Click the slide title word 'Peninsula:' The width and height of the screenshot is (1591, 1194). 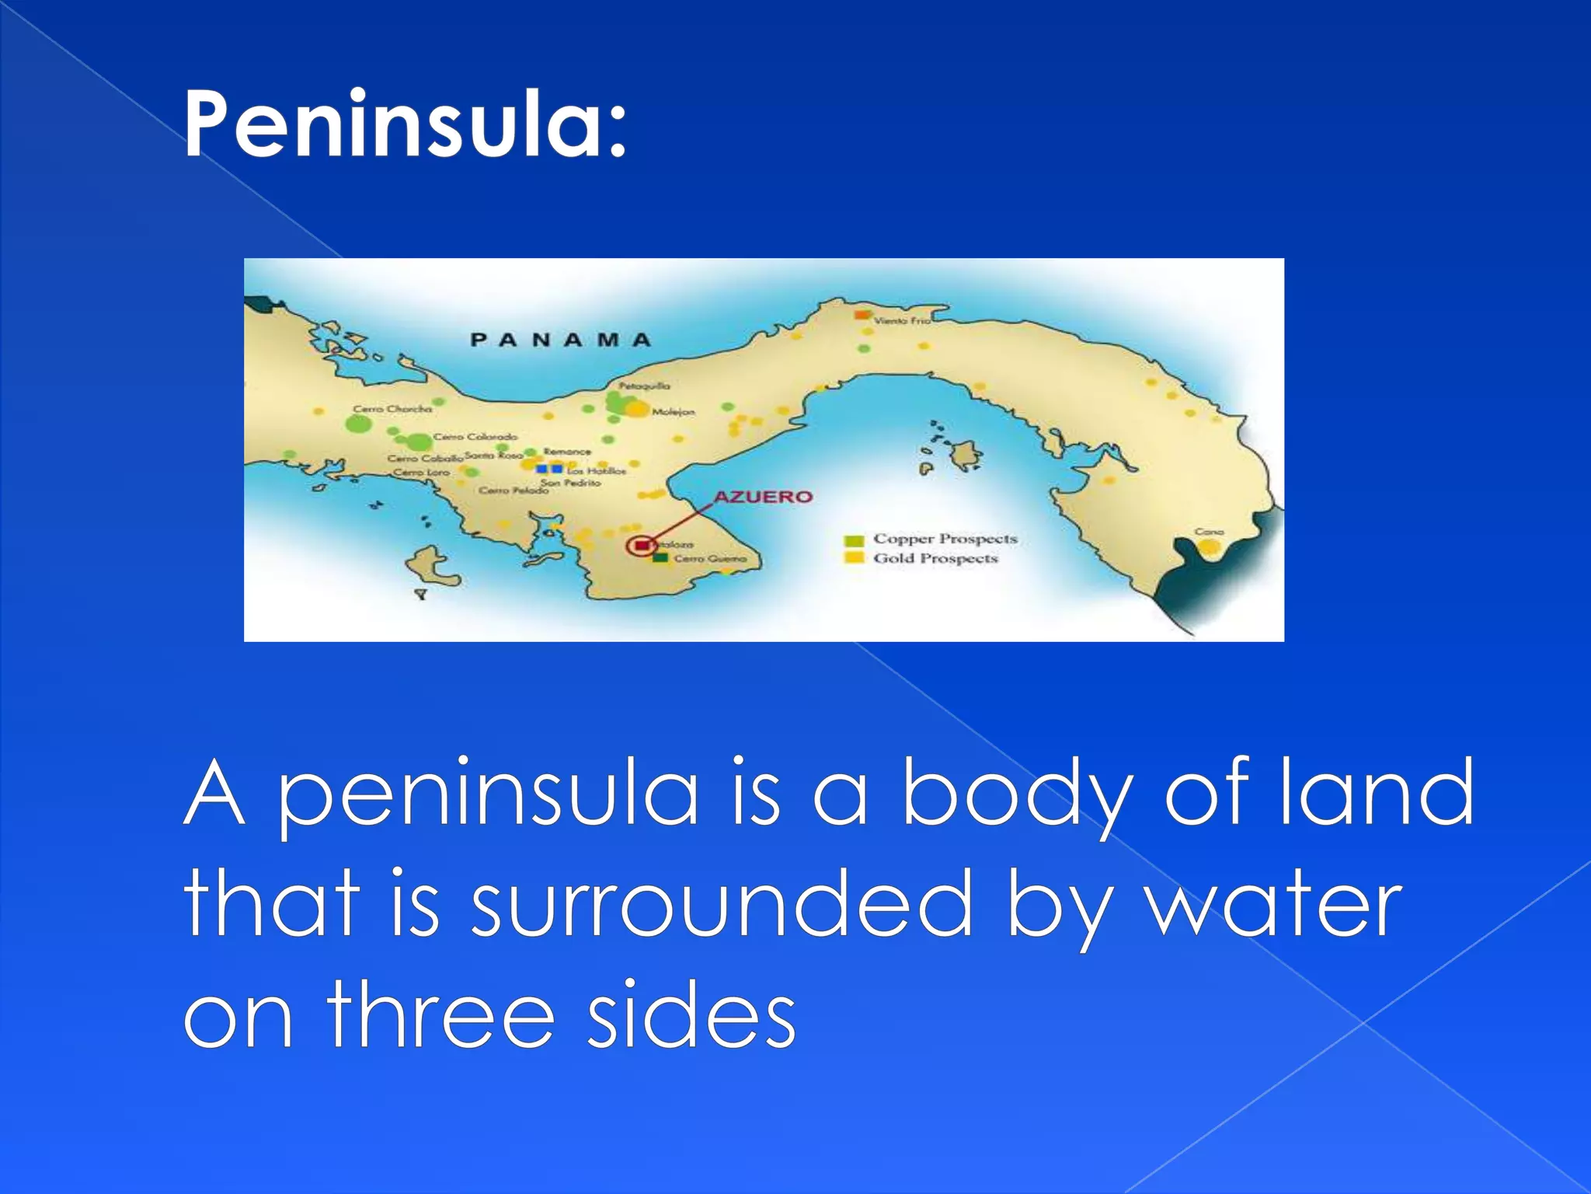click(x=404, y=124)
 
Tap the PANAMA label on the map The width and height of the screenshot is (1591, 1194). click(x=561, y=340)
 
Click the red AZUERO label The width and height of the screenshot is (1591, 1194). click(x=763, y=497)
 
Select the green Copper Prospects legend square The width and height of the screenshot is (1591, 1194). click(x=855, y=540)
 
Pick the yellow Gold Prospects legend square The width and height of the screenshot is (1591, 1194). click(x=855, y=558)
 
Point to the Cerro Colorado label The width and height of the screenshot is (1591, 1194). click(x=475, y=437)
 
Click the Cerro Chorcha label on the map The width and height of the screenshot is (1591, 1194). click(x=392, y=409)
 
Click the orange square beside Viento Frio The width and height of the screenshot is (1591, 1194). click(x=862, y=314)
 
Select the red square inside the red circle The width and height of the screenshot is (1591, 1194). click(x=642, y=546)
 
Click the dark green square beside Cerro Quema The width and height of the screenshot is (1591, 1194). click(x=660, y=558)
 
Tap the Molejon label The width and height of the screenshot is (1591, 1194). click(x=674, y=412)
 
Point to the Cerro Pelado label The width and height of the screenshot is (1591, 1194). click(x=513, y=491)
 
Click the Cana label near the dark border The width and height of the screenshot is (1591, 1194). click(x=1210, y=532)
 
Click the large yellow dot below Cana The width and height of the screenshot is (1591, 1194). click(x=1209, y=547)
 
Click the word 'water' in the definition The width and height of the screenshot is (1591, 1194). click(x=1275, y=906)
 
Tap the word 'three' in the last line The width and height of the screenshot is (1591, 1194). click(x=440, y=1014)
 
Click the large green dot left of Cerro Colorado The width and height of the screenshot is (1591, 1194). click(x=419, y=442)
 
